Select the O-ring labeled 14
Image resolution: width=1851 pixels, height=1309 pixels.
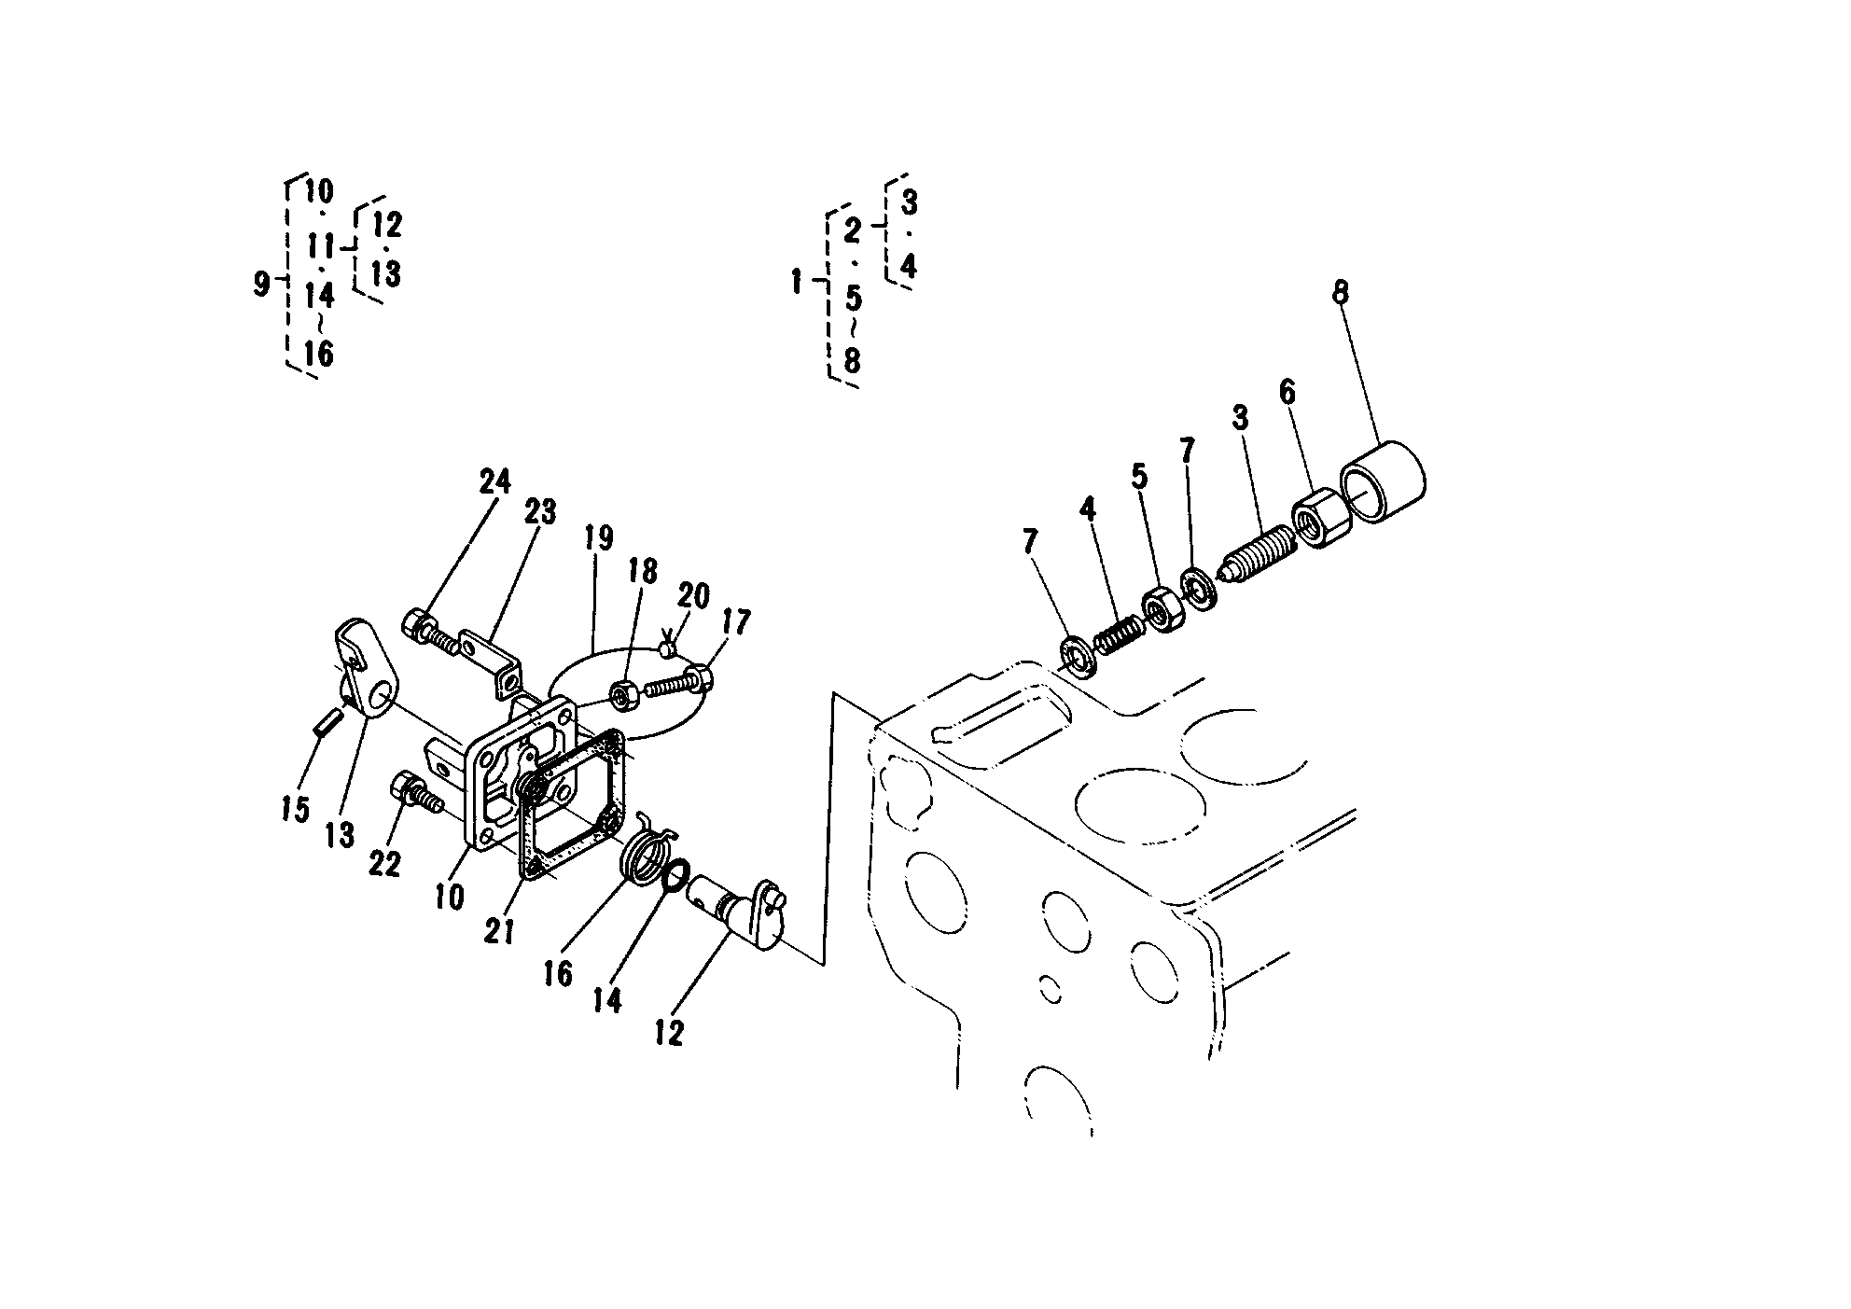[675, 874]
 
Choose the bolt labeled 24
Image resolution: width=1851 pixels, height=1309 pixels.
[433, 629]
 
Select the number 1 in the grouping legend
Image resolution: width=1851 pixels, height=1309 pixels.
[797, 281]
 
